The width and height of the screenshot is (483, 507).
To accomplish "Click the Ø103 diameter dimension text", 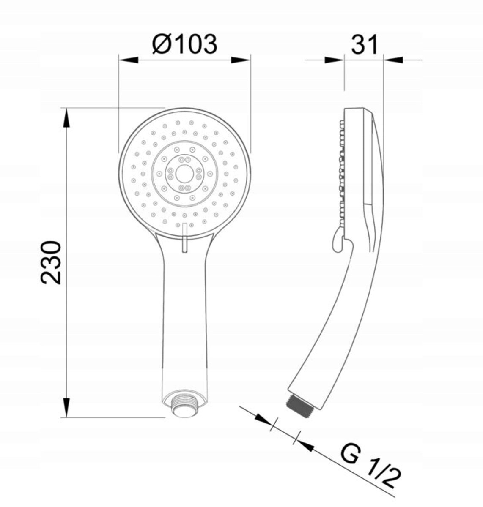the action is click(184, 44).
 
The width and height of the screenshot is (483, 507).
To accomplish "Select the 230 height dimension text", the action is click(51, 262).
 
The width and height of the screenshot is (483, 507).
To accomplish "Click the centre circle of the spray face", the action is click(184, 174).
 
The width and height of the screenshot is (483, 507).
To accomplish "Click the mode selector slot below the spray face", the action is click(184, 238).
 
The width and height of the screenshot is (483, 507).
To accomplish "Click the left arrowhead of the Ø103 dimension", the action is click(129, 60).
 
